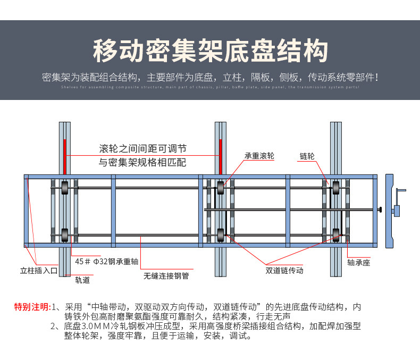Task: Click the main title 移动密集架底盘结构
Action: click(209, 51)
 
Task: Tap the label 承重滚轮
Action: click(259, 156)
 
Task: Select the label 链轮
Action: click(307, 156)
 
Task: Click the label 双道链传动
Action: click(284, 270)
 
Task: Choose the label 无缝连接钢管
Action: click(166, 277)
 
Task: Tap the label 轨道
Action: click(82, 279)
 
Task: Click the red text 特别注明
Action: click(32, 307)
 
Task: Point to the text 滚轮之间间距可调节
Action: click(143, 148)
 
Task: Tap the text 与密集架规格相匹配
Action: click(143, 162)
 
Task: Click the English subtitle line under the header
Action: click(209, 87)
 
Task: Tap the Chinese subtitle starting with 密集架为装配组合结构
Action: click(209, 77)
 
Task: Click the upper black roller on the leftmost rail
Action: click(64, 187)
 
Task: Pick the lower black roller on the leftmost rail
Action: click(64, 234)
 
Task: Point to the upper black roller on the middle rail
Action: click(220, 187)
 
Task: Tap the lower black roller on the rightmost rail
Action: click(336, 233)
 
